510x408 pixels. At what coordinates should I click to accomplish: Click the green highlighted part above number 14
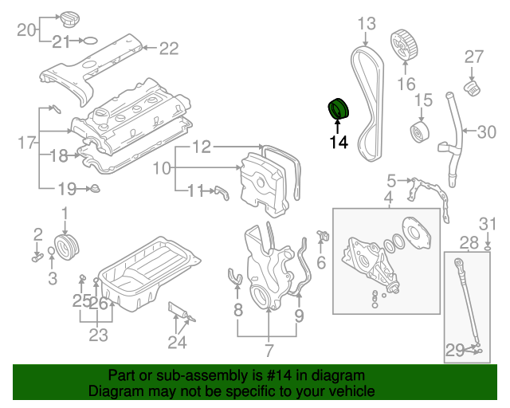tap(339, 109)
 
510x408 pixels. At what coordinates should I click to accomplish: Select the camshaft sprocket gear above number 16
tap(406, 45)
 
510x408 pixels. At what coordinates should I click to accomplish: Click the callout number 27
tap(474, 56)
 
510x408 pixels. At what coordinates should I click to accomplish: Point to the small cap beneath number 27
tap(472, 86)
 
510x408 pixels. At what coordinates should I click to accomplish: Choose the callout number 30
tap(486, 132)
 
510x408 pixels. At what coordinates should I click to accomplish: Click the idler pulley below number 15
tap(418, 132)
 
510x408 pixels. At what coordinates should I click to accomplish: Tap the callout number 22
tap(169, 49)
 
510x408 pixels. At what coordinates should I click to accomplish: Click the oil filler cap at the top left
tap(70, 18)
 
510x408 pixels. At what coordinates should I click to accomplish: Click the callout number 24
tap(177, 343)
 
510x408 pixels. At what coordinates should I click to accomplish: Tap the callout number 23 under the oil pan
tap(98, 335)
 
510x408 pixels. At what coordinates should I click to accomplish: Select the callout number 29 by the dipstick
tap(455, 349)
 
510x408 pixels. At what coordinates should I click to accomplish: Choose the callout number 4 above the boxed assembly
tap(388, 197)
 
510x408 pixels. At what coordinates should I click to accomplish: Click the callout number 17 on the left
tap(27, 143)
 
